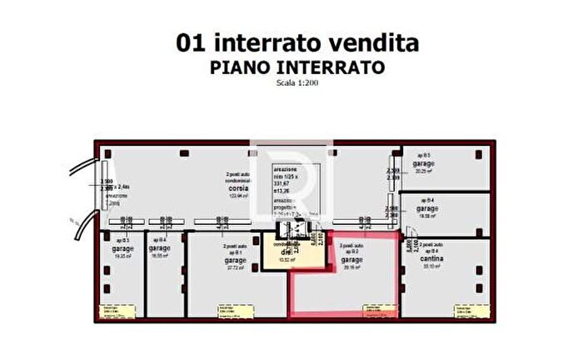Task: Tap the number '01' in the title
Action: [190, 42]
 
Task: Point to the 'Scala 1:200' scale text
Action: [296, 82]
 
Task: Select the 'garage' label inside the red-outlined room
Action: [352, 259]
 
